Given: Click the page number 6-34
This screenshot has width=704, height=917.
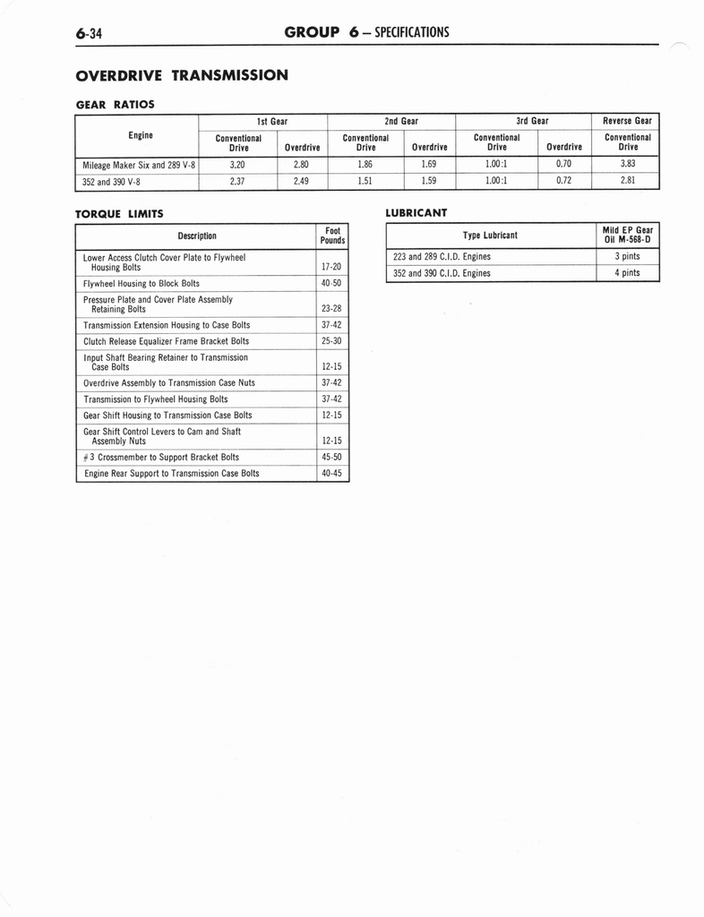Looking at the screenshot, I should (90, 34).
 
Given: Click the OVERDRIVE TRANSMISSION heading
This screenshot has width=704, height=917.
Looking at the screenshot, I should (182, 74).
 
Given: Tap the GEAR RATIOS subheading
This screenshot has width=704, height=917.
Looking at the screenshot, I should (115, 104).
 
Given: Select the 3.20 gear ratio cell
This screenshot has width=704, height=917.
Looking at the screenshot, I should (237, 165).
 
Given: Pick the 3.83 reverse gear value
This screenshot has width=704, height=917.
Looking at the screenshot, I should (628, 165).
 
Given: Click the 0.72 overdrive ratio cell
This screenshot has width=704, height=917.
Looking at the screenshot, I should (563, 182).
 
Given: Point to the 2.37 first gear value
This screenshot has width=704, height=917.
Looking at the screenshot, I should (237, 182).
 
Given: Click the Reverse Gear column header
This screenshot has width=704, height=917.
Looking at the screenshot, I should (627, 121).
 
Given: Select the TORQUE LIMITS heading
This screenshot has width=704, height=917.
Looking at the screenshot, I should (119, 213).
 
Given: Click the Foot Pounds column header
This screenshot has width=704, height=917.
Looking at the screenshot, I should (332, 236).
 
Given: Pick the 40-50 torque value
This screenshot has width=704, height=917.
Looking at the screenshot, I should (331, 283).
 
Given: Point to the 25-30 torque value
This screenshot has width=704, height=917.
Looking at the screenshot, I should (331, 341).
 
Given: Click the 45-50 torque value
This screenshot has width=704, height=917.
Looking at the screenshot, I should (331, 457).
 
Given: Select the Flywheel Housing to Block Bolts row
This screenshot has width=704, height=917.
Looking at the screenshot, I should (142, 283).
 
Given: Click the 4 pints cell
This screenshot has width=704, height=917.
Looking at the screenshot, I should (627, 273).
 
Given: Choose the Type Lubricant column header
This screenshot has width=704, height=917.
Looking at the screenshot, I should (490, 236).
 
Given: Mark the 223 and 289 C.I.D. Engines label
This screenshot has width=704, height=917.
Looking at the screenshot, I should (442, 257).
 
